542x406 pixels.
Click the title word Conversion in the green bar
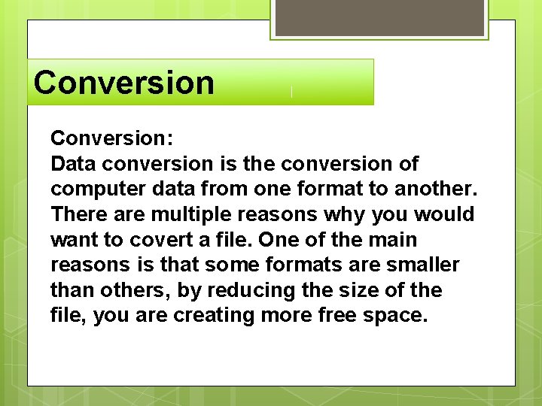coord(123,83)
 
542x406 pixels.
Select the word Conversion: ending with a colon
coord(112,138)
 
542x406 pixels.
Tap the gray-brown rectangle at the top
coord(379,17)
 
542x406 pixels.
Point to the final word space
coord(400,316)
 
